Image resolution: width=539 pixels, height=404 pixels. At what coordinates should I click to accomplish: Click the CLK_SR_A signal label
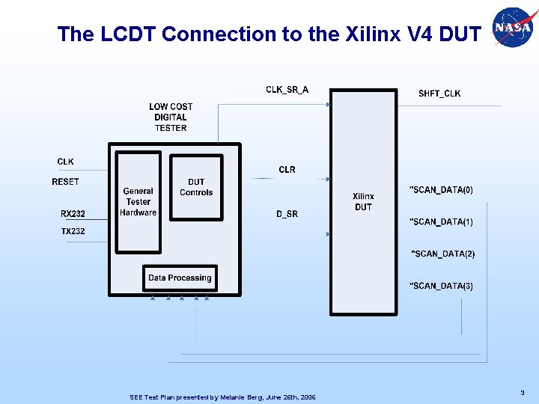tap(287, 90)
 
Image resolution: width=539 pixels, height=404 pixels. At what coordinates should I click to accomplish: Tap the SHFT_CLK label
tap(439, 94)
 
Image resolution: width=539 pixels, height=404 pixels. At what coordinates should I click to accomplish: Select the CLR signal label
tap(287, 170)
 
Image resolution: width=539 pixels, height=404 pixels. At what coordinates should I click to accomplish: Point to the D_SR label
tap(287, 214)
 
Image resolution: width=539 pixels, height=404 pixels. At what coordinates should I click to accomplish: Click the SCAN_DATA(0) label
tap(441, 190)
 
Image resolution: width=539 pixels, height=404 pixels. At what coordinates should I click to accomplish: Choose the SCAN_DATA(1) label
tap(441, 222)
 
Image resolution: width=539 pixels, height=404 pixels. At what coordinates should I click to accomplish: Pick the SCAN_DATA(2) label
tap(442, 254)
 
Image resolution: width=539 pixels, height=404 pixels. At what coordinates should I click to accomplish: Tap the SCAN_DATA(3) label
tap(441, 286)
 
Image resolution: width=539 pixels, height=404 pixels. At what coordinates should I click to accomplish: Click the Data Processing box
tap(180, 278)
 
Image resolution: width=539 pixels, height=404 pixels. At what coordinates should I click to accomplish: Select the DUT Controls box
tap(196, 187)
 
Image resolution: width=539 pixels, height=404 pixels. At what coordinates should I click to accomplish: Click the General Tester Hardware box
tap(138, 202)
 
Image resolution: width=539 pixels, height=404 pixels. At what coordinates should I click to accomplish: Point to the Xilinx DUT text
tap(363, 202)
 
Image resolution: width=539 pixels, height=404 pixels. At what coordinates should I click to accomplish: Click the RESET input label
tap(65, 182)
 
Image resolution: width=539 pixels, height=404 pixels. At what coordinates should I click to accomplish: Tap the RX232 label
tap(73, 214)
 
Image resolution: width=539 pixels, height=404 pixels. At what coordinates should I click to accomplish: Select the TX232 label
tap(73, 231)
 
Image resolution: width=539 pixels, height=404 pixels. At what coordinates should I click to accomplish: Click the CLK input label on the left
tap(65, 162)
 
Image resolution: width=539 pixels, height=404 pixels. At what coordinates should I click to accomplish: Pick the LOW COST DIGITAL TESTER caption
tap(171, 117)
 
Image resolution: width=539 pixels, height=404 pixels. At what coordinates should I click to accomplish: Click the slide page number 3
tap(521, 392)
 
